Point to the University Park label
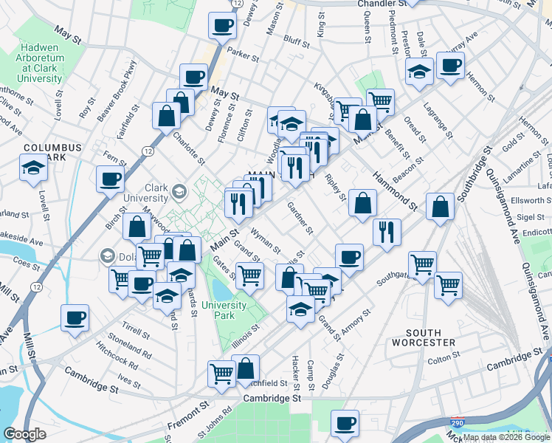[225, 310]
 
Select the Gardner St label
[300, 217]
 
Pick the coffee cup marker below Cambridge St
[345, 424]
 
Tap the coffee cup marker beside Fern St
[110, 178]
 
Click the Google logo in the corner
[24, 434]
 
